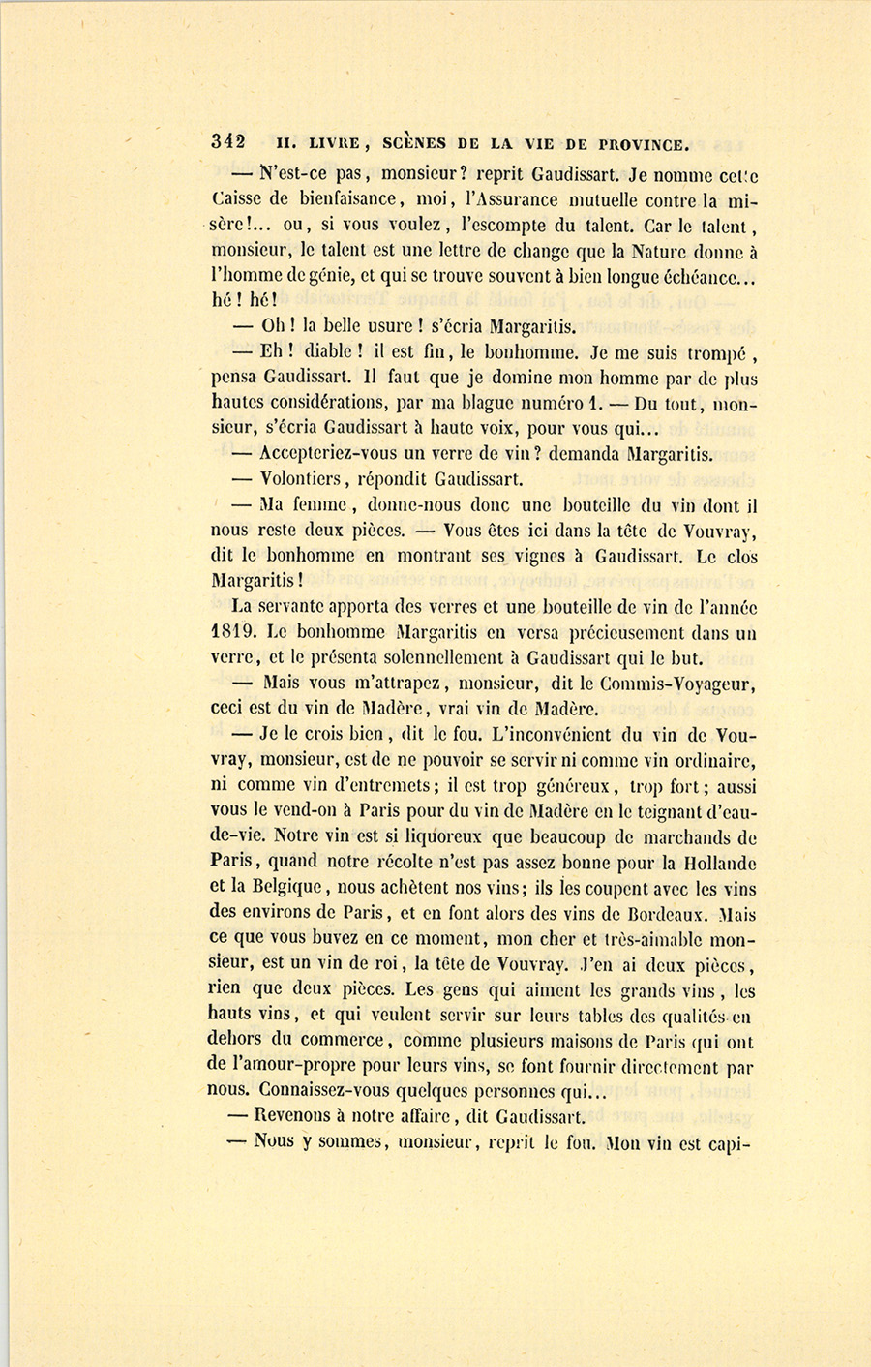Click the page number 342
coord(227,142)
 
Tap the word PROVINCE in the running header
coord(645,145)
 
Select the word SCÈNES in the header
coord(414,144)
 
